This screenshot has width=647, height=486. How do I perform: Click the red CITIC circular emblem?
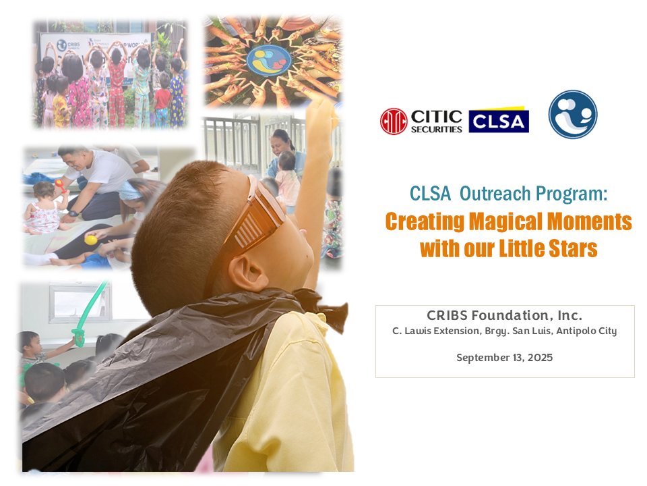click(394, 122)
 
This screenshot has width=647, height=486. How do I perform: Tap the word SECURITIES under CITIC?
click(436, 129)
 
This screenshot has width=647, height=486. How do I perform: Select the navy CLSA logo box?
click(499, 121)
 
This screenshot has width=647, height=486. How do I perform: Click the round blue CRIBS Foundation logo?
click(572, 114)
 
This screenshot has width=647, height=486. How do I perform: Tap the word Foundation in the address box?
click(508, 315)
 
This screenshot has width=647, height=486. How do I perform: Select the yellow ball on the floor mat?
click(90, 240)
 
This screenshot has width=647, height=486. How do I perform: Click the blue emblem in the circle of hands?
click(268, 59)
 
